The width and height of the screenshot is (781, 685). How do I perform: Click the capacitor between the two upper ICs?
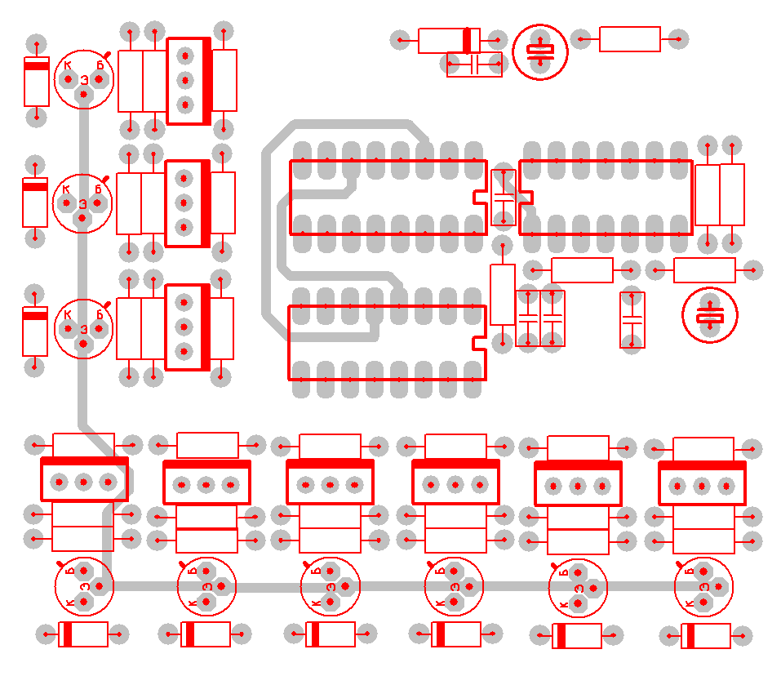pyautogui.click(x=503, y=198)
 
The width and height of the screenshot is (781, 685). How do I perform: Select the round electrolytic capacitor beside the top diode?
pyautogui.click(x=539, y=51)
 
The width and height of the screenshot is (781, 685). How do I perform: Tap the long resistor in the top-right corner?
pyautogui.click(x=629, y=39)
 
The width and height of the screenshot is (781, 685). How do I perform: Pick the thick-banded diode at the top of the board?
pyautogui.click(x=448, y=40)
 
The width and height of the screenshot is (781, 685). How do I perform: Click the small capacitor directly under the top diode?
pyautogui.click(x=474, y=64)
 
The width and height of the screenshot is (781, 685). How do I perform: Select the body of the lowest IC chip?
pyautogui.click(x=386, y=343)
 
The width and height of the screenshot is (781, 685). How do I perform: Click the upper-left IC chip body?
pyautogui.click(x=388, y=198)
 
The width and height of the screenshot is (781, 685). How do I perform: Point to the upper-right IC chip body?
pyautogui.click(x=606, y=198)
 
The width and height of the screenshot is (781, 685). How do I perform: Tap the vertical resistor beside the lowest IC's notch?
pyautogui.click(x=503, y=294)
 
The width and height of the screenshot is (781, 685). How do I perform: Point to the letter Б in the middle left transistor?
pyautogui.click(x=98, y=189)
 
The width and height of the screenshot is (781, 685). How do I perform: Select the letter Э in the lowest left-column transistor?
pyautogui.click(x=83, y=328)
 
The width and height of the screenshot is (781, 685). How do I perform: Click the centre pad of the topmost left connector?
pyautogui.click(x=184, y=80)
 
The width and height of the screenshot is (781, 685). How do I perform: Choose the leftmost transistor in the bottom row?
pyautogui.click(x=84, y=586)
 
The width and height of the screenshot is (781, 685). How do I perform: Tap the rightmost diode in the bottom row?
pyautogui.click(x=705, y=636)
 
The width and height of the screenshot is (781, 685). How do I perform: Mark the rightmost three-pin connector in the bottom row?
pyautogui.click(x=702, y=484)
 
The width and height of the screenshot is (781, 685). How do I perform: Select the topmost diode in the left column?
pyautogui.click(x=36, y=81)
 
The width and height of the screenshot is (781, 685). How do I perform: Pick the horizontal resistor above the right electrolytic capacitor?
pyautogui.click(x=704, y=269)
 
